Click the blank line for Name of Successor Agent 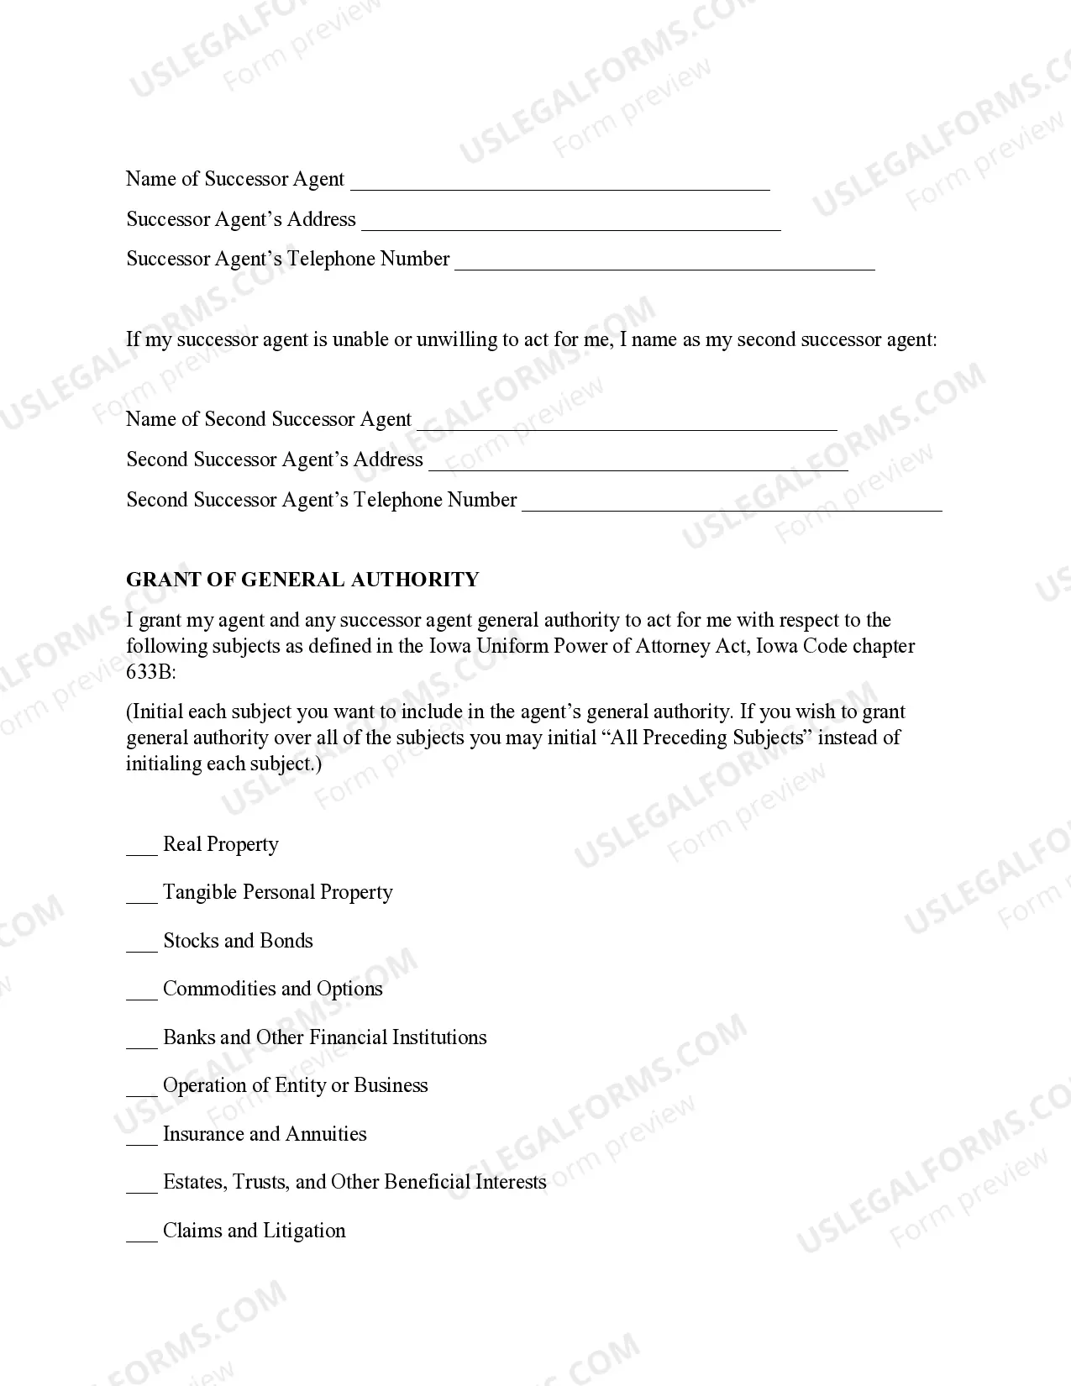[x=559, y=183]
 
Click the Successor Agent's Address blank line [x=570, y=223]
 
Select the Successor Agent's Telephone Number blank [x=664, y=263]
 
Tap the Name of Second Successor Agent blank [x=627, y=423]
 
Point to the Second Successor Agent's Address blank [x=638, y=464]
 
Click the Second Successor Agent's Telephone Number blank [x=732, y=504]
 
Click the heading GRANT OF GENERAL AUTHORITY [x=302, y=580]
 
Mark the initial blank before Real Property [x=141, y=848]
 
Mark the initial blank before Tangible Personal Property [x=141, y=895]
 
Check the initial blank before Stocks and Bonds [x=141, y=944]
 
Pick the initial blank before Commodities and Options [x=141, y=992]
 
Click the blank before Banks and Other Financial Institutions [x=141, y=1041]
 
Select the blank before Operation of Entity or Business [x=141, y=1089]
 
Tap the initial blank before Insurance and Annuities [x=141, y=1137]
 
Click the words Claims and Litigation [x=254, y=1231]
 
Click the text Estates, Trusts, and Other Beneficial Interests [x=354, y=1182]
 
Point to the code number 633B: [x=151, y=672]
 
